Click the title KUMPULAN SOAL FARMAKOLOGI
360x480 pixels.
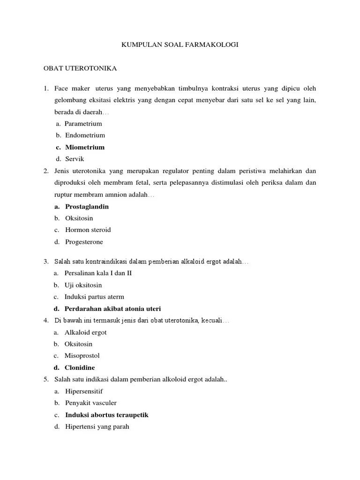[180, 45]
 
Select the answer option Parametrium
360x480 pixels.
[83, 124]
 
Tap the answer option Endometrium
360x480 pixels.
[85, 135]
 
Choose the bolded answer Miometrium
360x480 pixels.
[85, 147]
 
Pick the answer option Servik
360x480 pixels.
[74, 159]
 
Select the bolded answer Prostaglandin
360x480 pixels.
[87, 206]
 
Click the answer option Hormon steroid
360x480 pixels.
[88, 230]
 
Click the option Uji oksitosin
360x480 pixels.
[83, 285]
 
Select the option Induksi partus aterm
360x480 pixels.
[94, 297]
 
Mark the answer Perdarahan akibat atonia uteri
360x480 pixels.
[112, 308]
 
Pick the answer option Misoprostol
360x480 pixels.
[82, 356]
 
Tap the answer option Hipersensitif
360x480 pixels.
[84, 391]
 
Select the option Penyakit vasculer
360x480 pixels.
[90, 403]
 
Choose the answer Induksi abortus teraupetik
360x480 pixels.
[107, 415]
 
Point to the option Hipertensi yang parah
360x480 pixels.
[97, 427]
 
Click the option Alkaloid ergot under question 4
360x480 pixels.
[85, 332]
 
